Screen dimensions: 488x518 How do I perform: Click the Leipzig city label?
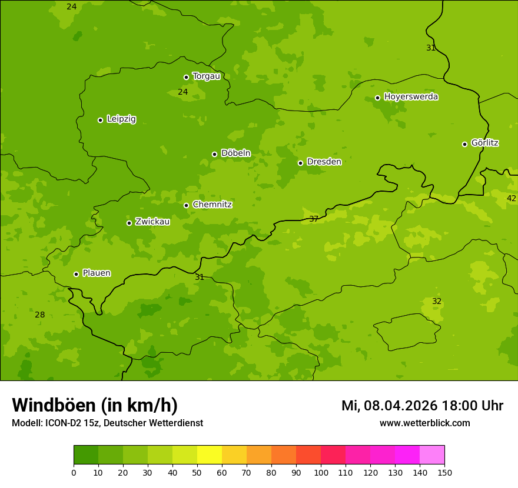(x=121, y=119)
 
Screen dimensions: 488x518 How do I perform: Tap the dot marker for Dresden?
(x=300, y=163)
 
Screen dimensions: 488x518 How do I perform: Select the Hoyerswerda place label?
(x=411, y=97)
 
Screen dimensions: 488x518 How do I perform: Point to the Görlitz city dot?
(x=464, y=144)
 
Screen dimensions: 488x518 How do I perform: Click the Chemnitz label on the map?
(x=212, y=205)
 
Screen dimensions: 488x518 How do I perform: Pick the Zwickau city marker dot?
(x=129, y=223)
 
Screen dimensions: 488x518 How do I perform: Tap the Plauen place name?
(x=97, y=273)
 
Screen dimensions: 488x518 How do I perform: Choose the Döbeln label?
(x=235, y=153)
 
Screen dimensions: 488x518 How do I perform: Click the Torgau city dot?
(x=186, y=77)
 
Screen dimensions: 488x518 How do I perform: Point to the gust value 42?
(x=511, y=199)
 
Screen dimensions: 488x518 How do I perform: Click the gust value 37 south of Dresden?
(x=314, y=219)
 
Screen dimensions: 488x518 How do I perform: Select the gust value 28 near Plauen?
(x=39, y=315)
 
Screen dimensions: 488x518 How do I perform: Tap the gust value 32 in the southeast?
(x=437, y=302)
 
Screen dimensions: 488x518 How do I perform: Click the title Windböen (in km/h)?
(x=95, y=405)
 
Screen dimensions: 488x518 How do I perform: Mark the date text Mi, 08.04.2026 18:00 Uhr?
(x=422, y=406)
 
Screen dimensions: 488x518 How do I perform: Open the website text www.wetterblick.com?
(x=424, y=423)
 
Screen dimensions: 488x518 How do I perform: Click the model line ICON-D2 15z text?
(x=107, y=423)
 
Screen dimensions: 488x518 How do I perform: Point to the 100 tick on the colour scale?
(x=321, y=472)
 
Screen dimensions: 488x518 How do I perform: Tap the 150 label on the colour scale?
(x=444, y=472)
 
